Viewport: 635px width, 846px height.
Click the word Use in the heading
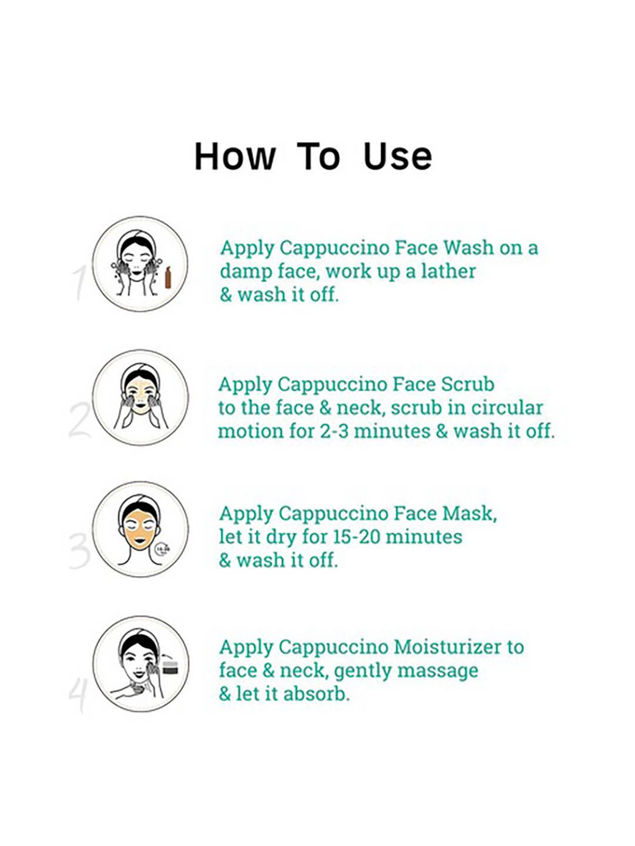[398, 157]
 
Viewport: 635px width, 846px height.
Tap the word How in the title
[235, 157]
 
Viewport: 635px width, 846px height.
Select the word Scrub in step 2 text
[467, 385]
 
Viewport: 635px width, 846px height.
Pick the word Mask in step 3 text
[469, 514]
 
